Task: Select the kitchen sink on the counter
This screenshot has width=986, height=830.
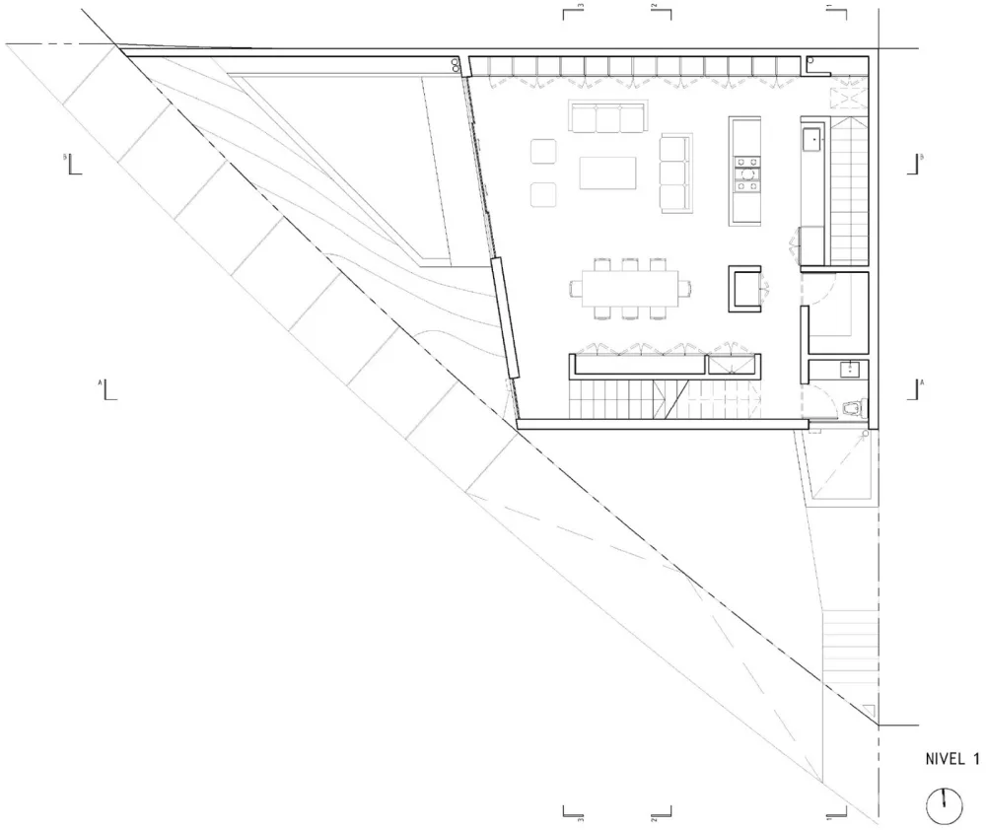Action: (812, 139)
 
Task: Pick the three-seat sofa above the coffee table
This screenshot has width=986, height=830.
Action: (605, 117)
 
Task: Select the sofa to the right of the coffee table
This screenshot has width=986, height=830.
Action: (674, 172)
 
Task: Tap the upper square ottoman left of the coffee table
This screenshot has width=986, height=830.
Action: (544, 153)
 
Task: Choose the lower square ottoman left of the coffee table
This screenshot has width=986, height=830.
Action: (544, 194)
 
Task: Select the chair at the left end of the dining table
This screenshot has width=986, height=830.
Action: (576, 288)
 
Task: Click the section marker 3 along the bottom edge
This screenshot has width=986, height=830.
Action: (572, 814)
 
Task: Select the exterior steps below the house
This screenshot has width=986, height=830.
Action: (851, 646)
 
